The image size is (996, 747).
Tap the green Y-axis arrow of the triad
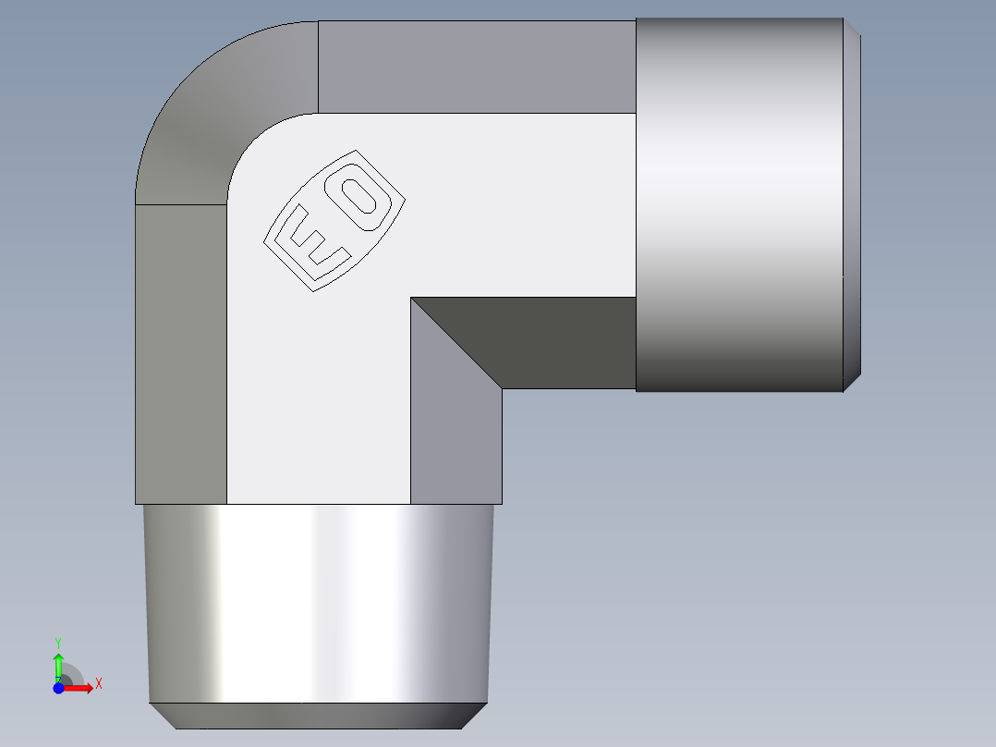point(57,664)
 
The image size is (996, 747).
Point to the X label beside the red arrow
point(98,684)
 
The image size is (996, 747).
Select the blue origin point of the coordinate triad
point(58,687)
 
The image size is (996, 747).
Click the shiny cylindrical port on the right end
point(739,203)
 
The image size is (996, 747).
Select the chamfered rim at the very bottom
point(319,716)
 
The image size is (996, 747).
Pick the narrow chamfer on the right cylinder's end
point(852,203)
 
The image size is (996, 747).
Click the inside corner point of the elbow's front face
point(411,298)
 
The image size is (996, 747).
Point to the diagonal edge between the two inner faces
point(456,343)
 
